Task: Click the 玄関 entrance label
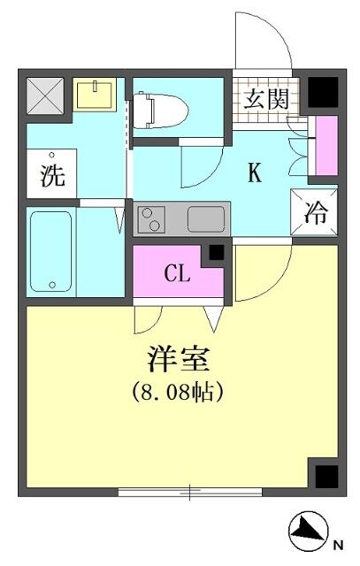(266, 98)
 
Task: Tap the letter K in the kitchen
(254, 173)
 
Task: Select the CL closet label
(177, 273)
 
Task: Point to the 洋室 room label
(179, 360)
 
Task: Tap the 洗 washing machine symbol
(52, 173)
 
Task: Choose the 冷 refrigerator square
(315, 212)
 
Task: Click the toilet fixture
(160, 110)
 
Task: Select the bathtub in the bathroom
(51, 251)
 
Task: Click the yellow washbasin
(95, 95)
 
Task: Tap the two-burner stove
(150, 219)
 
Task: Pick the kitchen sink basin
(206, 219)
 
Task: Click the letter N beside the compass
(338, 545)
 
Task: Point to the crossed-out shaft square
(45, 96)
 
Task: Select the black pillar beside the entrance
(323, 92)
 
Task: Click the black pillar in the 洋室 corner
(326, 477)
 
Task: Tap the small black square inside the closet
(217, 253)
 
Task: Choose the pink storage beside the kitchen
(326, 145)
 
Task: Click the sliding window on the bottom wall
(190, 492)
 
